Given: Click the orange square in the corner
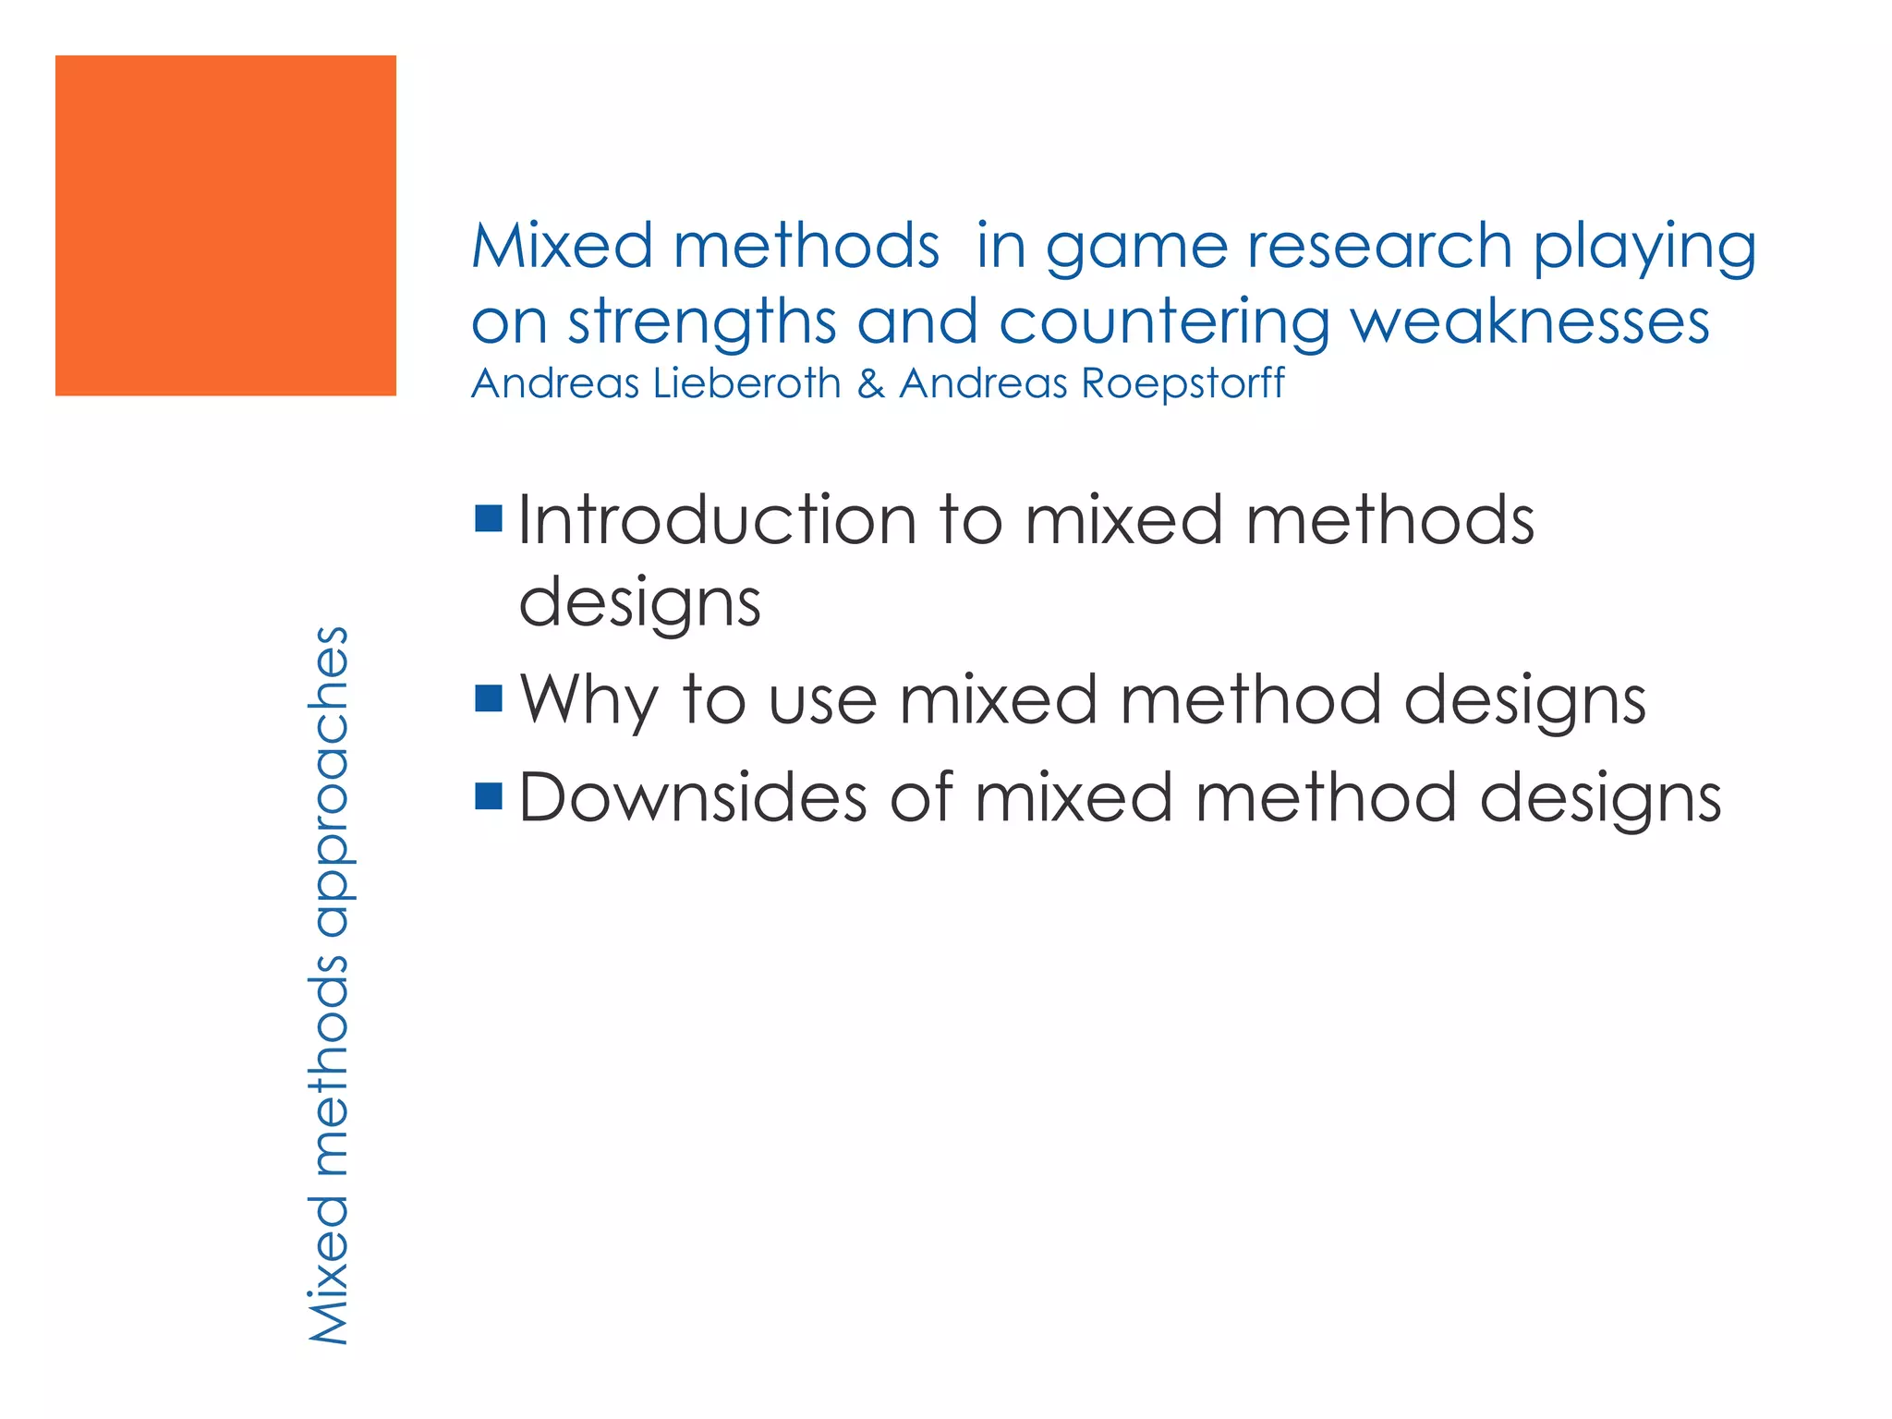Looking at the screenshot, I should coord(225,225).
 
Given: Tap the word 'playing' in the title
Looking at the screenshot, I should coord(1644,248).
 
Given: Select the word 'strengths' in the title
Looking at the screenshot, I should coord(702,323).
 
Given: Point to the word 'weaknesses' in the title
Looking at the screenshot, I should coord(1530,323).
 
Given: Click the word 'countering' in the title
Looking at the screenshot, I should coord(1164,323).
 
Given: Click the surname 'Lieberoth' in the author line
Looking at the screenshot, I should coord(746,383).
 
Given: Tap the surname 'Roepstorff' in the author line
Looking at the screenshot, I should coord(1183,383).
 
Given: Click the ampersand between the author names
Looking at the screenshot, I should coord(870,383).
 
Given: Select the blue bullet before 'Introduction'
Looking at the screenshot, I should coord(488,519).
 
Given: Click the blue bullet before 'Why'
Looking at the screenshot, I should coord(488,698).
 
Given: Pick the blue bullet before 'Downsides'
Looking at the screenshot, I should coord(488,795).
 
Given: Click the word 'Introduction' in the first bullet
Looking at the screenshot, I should coord(717,520).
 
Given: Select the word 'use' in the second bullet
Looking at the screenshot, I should coord(822,700).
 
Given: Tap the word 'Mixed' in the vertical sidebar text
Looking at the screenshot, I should coord(329,1269).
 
